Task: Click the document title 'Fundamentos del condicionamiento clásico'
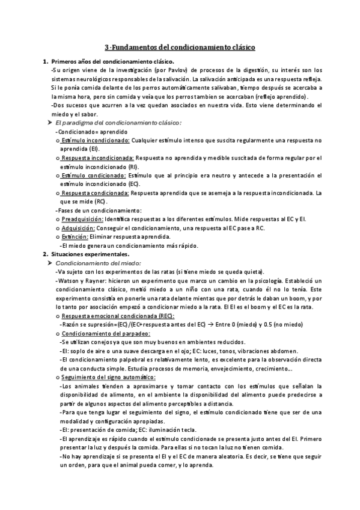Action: [184, 46]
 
